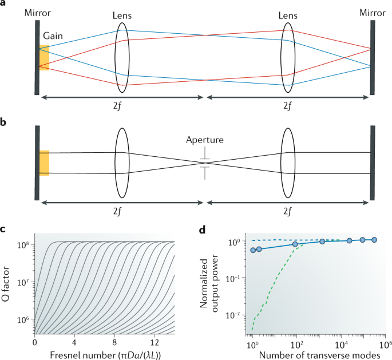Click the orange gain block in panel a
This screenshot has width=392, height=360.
[44, 57]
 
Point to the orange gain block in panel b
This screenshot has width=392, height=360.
[44, 163]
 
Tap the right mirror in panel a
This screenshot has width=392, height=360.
[373, 57]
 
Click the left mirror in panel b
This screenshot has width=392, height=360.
[37, 163]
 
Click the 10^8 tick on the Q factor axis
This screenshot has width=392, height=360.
[24, 245]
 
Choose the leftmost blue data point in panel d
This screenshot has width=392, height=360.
[253, 250]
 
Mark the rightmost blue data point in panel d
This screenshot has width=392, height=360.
[374, 240]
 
